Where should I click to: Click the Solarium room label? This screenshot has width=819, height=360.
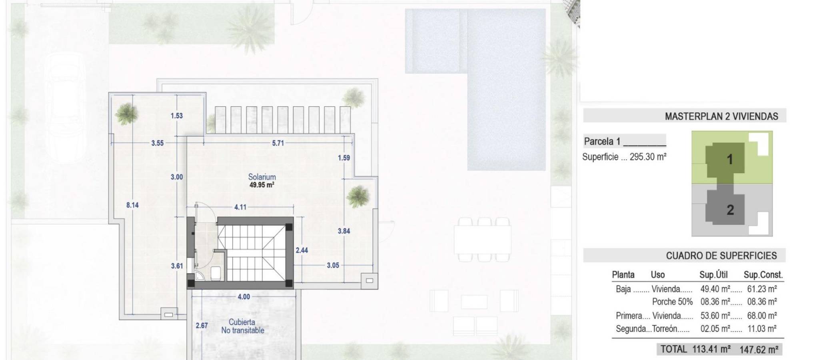tap(262, 177)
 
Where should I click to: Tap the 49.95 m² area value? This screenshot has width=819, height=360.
tap(262, 185)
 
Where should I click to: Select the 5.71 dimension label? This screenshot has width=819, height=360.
tap(278, 143)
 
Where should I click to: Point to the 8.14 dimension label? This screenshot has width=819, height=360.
tap(132, 205)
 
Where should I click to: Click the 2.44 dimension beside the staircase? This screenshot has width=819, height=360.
tap(302, 250)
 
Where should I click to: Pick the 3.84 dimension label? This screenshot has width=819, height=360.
tap(344, 231)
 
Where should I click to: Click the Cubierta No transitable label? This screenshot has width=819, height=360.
tap(243, 326)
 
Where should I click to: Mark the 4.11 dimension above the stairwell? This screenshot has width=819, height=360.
tap(240, 207)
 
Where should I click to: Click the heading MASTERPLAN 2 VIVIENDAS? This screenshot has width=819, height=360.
tap(721, 116)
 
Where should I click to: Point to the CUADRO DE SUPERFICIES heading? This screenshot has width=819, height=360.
tap(721, 256)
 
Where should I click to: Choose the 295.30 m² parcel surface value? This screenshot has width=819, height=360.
tap(648, 157)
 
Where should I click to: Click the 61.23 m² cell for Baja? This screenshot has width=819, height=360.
tap(762, 289)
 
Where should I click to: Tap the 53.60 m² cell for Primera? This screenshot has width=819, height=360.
tap(715, 316)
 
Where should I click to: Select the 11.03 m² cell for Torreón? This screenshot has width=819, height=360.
tap(762, 329)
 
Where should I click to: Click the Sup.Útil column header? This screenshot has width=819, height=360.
tap(713, 275)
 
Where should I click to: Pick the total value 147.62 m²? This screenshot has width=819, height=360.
tap(759, 350)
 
